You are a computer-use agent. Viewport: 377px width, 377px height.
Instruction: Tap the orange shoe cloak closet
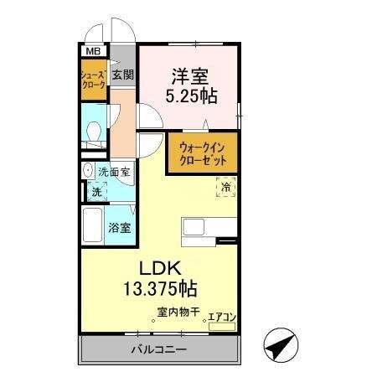(x=92, y=81)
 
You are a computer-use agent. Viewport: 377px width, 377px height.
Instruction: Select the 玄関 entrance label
(x=123, y=75)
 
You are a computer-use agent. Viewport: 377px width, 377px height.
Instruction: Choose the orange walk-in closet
(x=201, y=153)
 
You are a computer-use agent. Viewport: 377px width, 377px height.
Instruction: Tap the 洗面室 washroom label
(x=114, y=173)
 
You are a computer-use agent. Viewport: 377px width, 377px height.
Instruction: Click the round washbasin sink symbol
(x=88, y=171)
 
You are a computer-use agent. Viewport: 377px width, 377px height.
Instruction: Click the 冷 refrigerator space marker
(x=225, y=188)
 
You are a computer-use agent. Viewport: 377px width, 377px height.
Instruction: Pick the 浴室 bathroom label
(x=119, y=227)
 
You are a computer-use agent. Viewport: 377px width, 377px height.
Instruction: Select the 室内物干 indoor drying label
(x=176, y=313)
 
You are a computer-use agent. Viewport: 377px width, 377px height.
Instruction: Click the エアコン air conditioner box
(x=222, y=317)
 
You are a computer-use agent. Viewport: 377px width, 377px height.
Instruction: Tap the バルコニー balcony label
(x=158, y=348)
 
